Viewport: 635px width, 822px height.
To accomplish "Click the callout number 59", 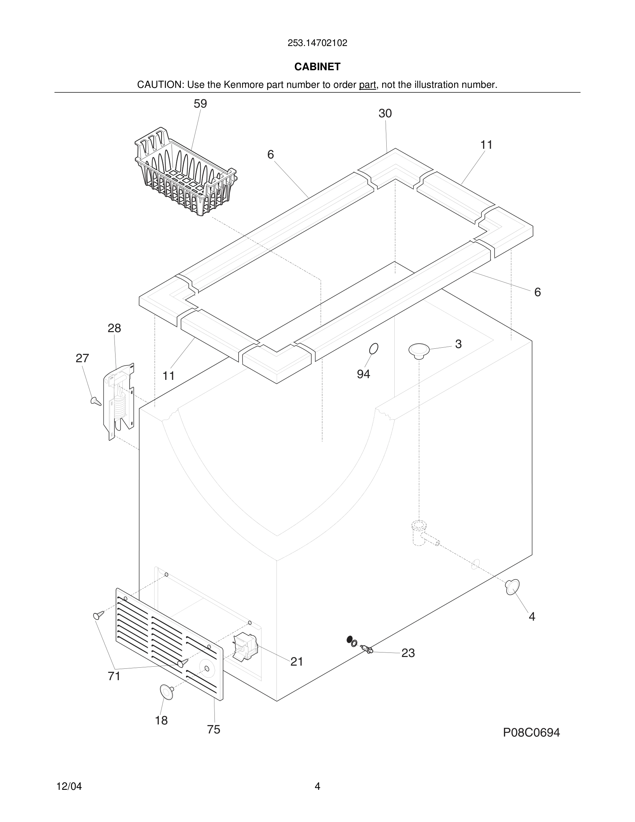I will (200, 104).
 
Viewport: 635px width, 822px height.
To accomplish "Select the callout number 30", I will (385, 113).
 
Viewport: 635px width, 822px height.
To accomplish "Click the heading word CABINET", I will (317, 67).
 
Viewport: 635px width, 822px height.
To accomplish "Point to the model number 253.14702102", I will (317, 43).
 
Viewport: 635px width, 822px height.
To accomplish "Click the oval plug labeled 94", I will (374, 348).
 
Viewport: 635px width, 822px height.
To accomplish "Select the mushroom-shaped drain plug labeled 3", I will (419, 350).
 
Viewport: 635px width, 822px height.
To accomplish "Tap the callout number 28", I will (114, 328).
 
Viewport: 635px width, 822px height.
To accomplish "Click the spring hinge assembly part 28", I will (119, 401).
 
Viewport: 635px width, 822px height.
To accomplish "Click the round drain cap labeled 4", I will (512, 587).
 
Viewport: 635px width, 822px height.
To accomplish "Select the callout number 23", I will (408, 653).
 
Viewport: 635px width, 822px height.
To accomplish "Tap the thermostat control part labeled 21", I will (245, 646).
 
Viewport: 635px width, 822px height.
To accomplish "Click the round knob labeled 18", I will (167, 692).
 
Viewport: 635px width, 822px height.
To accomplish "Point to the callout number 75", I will (214, 729).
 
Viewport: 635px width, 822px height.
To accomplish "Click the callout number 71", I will (114, 676).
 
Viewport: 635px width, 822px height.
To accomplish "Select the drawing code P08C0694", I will (531, 732).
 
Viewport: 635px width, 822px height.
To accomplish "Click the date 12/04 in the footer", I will (69, 786).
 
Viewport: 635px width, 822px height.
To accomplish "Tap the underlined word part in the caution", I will (367, 85).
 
